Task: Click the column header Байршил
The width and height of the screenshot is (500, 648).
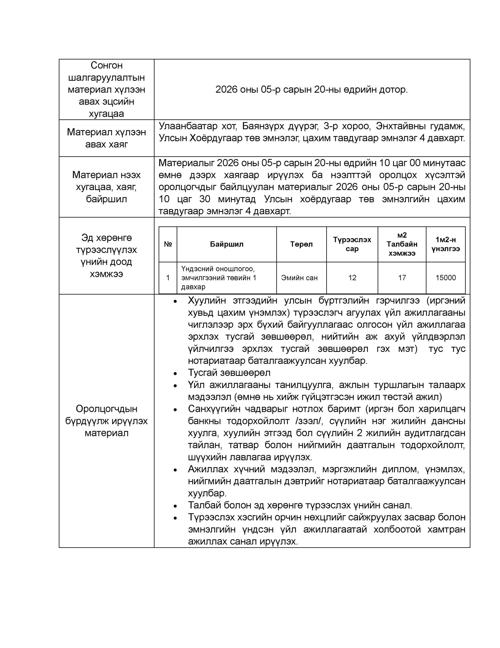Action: [226, 244]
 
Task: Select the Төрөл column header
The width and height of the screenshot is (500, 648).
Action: [301, 244]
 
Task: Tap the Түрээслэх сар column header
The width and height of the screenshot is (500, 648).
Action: [352, 244]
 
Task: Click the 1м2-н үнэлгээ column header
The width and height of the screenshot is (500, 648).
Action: [445, 244]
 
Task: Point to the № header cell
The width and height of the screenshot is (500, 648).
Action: [168, 244]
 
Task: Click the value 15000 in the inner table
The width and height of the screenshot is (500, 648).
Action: [445, 277]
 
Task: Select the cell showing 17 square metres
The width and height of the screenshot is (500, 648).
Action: [402, 277]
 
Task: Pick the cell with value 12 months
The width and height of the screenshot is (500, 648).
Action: [352, 277]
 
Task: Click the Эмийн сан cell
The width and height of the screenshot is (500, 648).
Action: [299, 277]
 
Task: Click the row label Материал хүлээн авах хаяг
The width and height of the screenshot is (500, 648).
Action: [106, 138]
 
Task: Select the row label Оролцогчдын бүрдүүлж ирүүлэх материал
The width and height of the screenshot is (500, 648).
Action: [106, 421]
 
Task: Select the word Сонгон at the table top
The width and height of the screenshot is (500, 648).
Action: [106, 65]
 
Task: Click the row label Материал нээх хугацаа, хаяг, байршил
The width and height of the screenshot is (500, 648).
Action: [106, 187]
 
